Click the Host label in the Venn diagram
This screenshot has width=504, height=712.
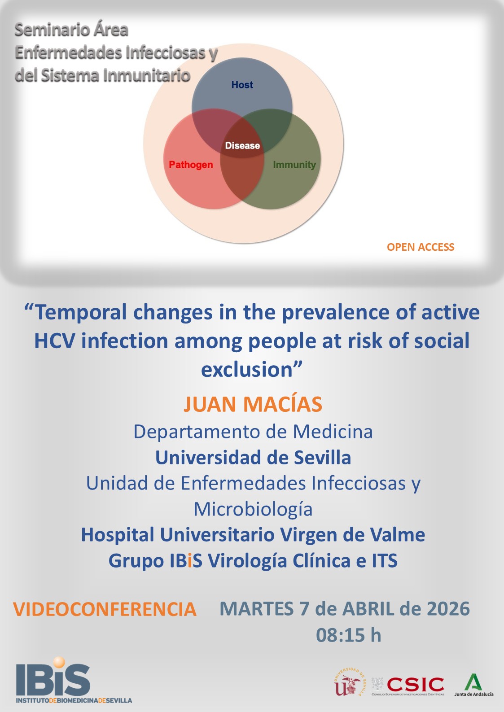[242, 85]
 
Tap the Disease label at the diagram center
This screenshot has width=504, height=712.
[242, 145]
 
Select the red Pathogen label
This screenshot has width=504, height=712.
[191, 165]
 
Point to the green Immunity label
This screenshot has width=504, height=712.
[294, 165]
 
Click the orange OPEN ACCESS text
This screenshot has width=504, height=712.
[421, 247]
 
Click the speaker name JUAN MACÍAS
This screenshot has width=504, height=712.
[253, 404]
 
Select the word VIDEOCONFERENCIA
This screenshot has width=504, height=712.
[105, 609]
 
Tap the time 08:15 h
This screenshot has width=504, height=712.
[348, 635]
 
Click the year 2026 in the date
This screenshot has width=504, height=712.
[447, 609]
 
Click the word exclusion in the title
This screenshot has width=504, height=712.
[247, 370]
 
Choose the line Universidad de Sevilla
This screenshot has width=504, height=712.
[253, 458]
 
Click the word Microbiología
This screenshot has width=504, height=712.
[253, 509]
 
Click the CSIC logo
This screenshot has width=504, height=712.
[415, 685]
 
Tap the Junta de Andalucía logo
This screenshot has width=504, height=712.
[473, 685]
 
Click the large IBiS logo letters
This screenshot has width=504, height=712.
[53, 678]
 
